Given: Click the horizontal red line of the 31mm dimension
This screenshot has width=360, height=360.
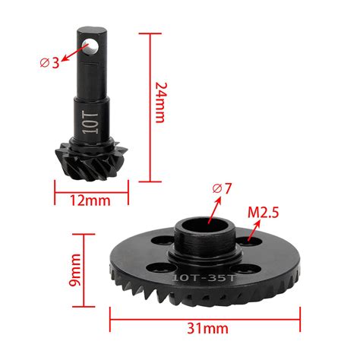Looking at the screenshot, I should tap(205, 313).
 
